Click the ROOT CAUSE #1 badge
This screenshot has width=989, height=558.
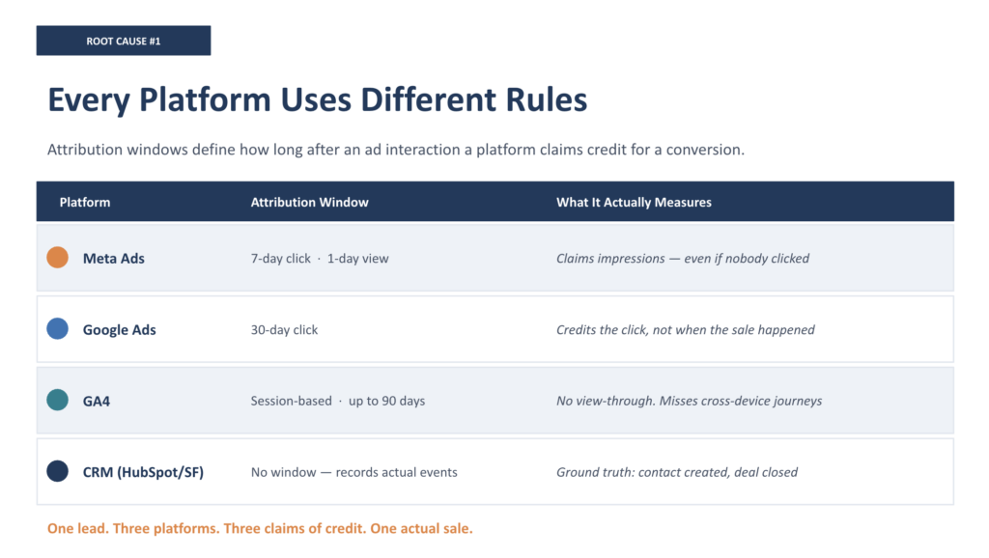124,41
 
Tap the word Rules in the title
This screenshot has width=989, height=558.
547,99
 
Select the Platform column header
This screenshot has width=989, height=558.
85,203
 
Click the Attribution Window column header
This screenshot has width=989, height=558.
310,203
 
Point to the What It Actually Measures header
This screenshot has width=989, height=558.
634,203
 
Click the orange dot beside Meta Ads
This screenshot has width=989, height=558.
57,257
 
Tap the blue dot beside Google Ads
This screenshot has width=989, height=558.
57,328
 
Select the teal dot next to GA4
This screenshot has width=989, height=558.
57,400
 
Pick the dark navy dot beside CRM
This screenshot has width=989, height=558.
57,471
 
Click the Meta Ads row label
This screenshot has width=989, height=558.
114,259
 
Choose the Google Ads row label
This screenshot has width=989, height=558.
119,330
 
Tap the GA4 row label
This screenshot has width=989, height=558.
97,401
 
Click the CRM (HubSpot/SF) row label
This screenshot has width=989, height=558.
143,472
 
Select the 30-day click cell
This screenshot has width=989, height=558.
285,330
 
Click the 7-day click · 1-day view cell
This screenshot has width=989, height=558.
320,259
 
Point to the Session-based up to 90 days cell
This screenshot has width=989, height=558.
338,401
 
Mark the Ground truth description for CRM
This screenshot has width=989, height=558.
677,472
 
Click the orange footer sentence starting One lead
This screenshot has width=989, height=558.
260,528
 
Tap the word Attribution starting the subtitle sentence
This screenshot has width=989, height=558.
86,150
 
